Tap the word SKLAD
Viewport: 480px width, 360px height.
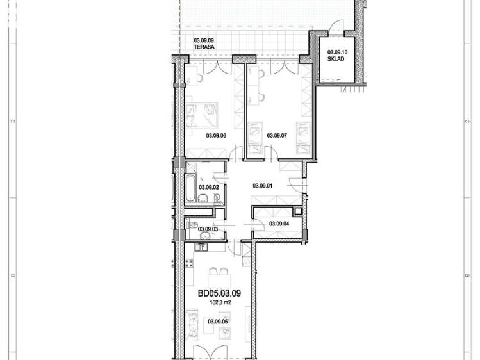[336, 59]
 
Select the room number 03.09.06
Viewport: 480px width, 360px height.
[217, 135]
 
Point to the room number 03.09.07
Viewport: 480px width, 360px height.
[277, 135]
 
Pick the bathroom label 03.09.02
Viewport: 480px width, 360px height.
[209, 187]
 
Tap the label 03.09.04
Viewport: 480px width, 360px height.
[279, 224]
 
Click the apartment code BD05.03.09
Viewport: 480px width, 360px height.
[220, 294]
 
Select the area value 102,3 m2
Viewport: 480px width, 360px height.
[219, 302]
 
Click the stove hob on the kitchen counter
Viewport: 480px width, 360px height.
[188, 263]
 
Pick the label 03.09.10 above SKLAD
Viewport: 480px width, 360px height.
[336, 52]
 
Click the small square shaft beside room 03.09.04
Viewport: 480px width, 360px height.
[297, 211]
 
